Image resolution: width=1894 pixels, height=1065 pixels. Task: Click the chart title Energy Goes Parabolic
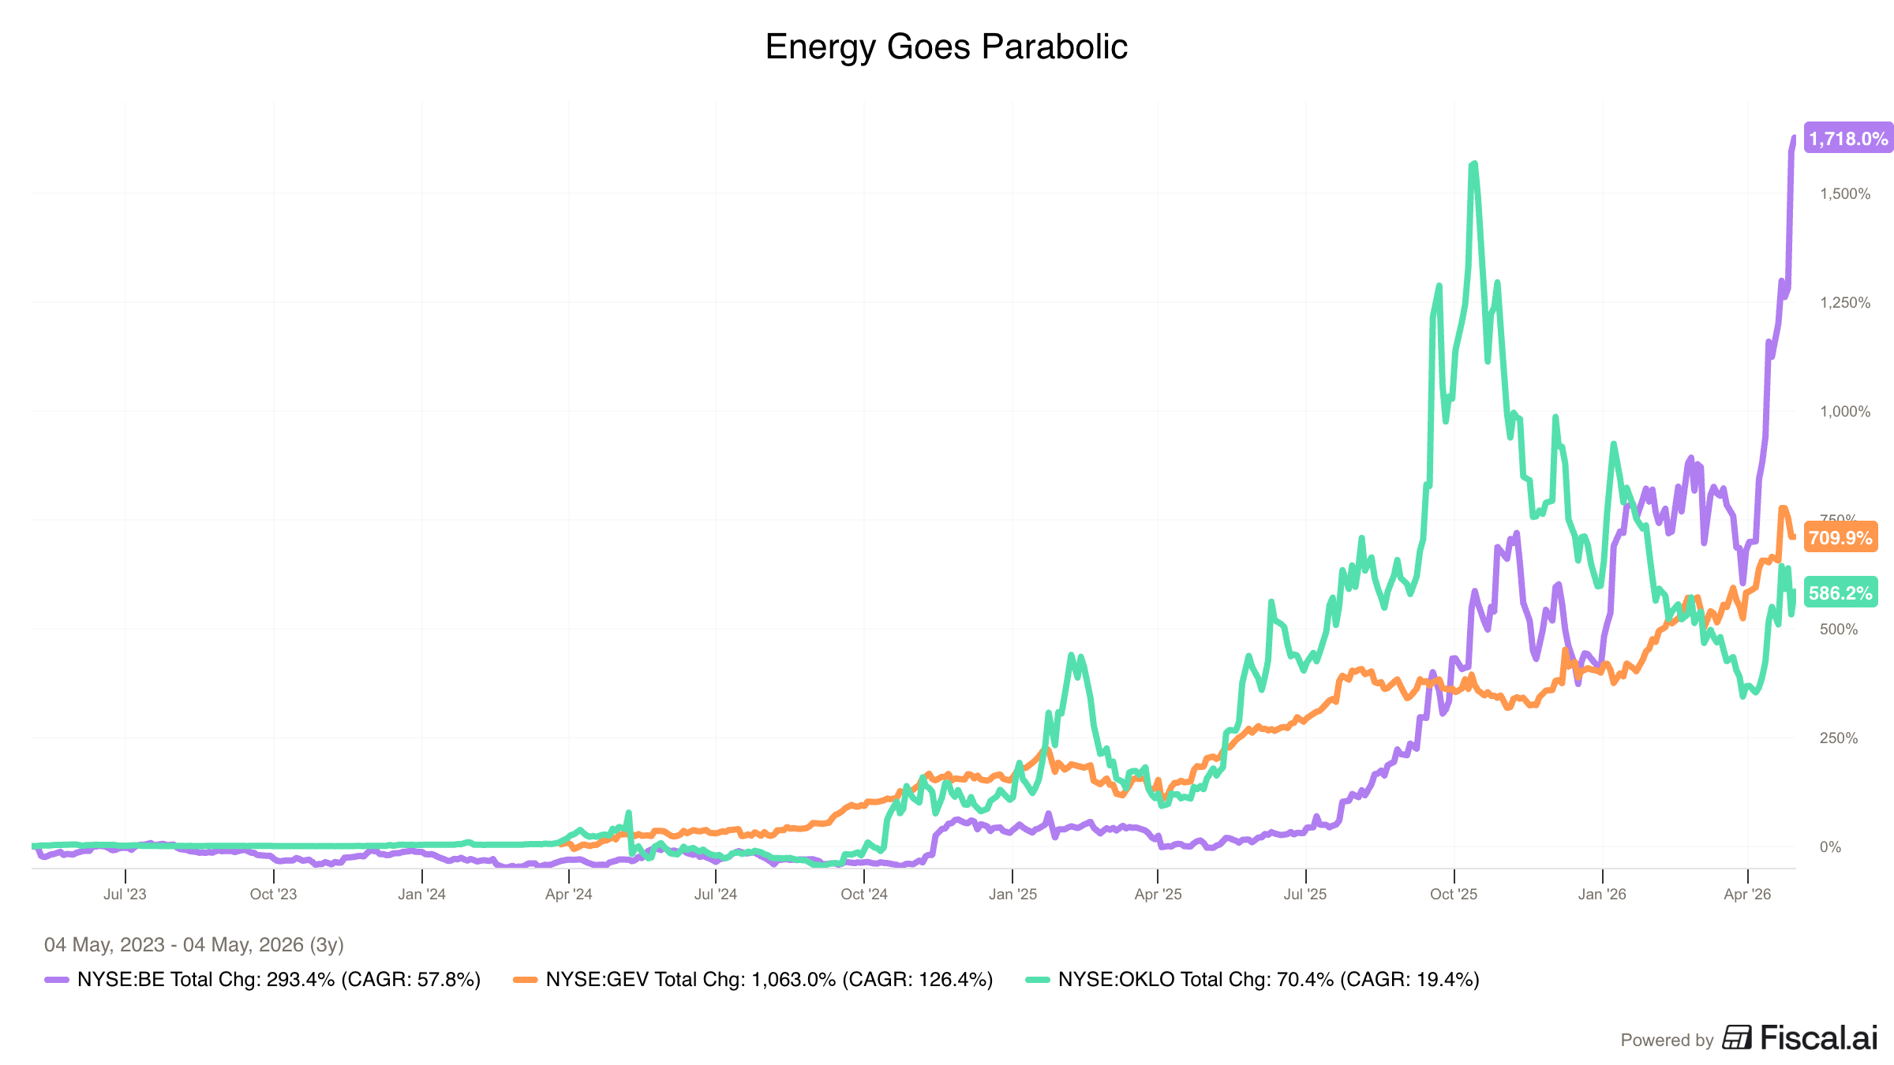click(x=946, y=47)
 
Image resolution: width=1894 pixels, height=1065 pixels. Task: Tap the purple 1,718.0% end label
click(x=1848, y=139)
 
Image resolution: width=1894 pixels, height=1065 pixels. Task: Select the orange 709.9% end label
click(x=1840, y=538)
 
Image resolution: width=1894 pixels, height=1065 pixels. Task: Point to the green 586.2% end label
click(x=1840, y=593)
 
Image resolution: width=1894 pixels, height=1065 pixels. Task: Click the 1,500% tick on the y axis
click(x=1845, y=194)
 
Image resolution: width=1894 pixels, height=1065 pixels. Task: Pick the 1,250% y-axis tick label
click(x=1845, y=303)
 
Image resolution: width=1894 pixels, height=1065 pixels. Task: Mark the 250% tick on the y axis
click(x=1839, y=738)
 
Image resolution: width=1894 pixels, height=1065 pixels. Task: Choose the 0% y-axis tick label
click(x=1830, y=847)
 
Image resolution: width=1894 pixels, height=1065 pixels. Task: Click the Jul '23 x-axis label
click(x=125, y=895)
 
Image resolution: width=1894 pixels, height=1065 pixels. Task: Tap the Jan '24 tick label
click(x=421, y=895)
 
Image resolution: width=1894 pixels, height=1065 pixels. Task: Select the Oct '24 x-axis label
click(x=864, y=895)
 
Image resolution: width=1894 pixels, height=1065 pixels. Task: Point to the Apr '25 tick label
click(x=1158, y=895)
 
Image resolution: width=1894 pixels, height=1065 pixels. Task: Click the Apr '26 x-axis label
click(x=1747, y=895)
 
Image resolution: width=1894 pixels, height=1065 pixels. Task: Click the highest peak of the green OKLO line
click(x=1474, y=163)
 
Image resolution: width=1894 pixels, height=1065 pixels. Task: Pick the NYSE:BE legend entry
click(x=263, y=980)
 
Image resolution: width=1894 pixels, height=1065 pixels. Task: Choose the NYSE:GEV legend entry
click(x=753, y=980)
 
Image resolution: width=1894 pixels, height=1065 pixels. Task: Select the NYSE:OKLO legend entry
click(x=1252, y=980)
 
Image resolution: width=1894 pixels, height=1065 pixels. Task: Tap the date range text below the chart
click(x=194, y=945)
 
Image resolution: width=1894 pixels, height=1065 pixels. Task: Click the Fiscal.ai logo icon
click(x=1736, y=1037)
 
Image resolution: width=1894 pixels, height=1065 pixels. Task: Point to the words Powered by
click(x=1667, y=1041)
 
